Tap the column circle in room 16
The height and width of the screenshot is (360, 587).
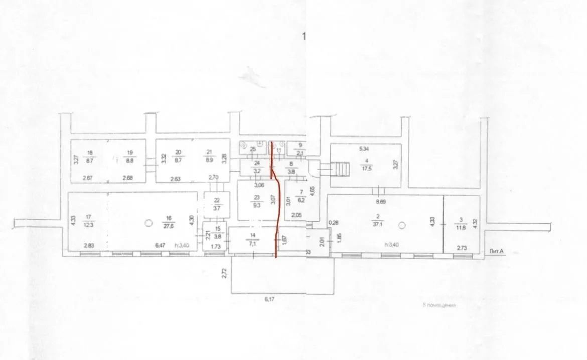tap(149, 223)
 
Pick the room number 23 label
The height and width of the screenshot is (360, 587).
tap(257, 197)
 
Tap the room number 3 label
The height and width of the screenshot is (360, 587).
tap(461, 219)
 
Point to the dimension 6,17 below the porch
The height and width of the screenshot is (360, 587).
tap(271, 299)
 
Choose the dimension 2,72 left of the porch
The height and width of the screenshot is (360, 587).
tap(224, 273)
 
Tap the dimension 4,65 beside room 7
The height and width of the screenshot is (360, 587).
tap(312, 192)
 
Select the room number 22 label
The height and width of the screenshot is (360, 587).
tap(216, 200)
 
